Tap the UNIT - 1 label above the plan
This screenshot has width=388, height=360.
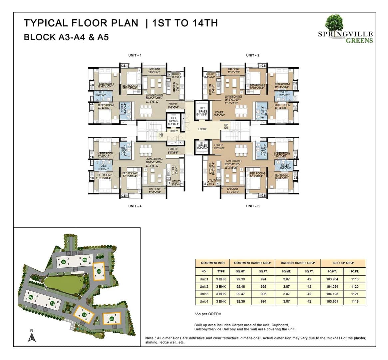[135, 55]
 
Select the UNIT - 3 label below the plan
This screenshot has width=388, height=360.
[252, 206]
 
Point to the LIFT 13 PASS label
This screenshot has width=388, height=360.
[202, 110]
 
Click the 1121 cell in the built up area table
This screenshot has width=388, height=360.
[354, 294]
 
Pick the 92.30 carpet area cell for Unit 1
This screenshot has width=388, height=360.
[240, 279]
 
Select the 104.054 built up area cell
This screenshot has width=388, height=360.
[332, 287]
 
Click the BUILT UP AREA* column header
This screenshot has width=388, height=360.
[343, 263]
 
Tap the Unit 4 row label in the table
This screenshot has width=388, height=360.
[204, 301]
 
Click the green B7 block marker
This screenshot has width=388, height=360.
[63, 262]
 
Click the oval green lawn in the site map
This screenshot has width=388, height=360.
[63, 284]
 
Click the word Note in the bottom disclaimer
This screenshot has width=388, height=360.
[150, 338]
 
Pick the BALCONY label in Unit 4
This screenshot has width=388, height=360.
[155, 189]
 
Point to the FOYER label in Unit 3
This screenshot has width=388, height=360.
[218, 145]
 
